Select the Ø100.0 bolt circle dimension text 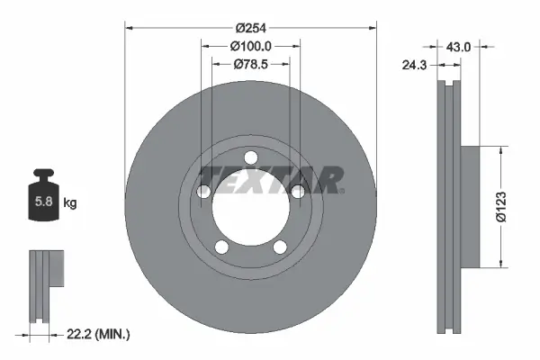tap(251, 45)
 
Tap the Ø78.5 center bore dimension tap(251, 64)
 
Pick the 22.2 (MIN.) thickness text tap(99, 335)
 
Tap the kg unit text tap(70, 203)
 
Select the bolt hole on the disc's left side tap(203, 191)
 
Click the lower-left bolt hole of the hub tap(220, 245)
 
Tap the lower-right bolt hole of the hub tap(279, 245)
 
